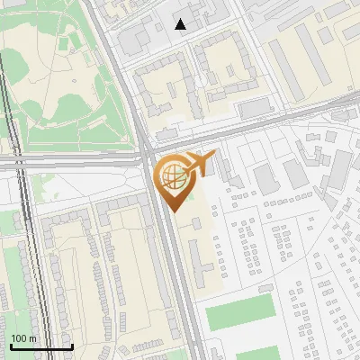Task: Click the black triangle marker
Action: (181, 24)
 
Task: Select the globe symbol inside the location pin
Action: (172, 176)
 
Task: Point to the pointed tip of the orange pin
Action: (172, 211)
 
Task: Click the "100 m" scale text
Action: (24, 337)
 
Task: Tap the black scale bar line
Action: (41, 346)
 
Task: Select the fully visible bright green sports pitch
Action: (239, 310)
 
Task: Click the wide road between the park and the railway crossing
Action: (72, 163)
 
